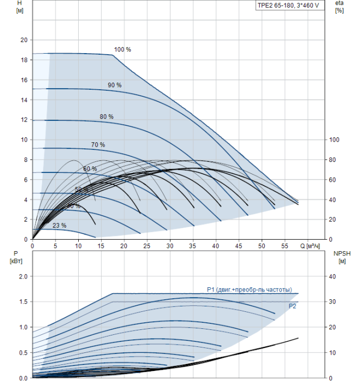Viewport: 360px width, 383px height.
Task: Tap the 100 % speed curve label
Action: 123,49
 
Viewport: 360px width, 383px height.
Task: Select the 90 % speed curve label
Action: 114,85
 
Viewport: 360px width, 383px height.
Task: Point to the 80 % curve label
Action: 107,117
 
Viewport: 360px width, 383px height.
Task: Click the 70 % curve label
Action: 98,144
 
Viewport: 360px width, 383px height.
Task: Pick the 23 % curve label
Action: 59,225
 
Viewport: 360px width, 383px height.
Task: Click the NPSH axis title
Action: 340,257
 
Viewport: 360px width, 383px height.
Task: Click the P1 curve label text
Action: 249,289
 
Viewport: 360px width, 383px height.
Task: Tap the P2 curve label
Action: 293,306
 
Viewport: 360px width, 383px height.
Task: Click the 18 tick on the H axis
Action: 23,60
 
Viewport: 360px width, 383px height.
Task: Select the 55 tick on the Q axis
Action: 285,246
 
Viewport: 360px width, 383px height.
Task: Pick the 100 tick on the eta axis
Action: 334,140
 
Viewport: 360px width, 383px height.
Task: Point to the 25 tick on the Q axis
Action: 147,246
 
